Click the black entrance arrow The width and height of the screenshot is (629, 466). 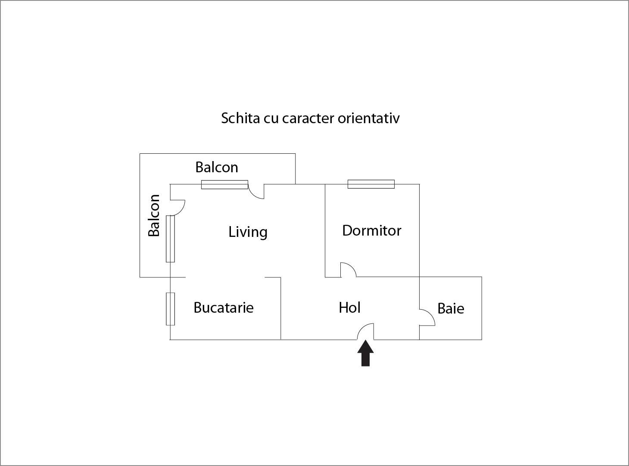(x=365, y=354)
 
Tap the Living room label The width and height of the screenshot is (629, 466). (x=248, y=232)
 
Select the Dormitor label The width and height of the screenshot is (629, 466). (x=371, y=230)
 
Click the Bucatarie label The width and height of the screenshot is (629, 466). (x=223, y=308)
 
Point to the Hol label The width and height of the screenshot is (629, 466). (x=349, y=308)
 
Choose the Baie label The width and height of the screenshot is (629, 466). (x=451, y=308)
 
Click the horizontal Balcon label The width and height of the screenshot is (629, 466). (x=216, y=167)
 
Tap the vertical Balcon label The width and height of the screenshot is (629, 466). (x=154, y=215)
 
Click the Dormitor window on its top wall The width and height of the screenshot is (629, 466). (x=371, y=184)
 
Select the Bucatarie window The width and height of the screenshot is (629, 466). (x=171, y=309)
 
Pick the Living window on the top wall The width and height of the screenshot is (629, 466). (x=224, y=185)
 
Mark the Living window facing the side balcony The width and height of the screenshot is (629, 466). (x=171, y=239)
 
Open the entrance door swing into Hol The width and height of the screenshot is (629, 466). (x=367, y=331)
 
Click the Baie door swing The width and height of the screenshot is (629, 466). (x=427, y=318)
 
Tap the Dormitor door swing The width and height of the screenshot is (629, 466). (x=348, y=270)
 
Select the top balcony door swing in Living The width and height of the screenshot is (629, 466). (x=257, y=192)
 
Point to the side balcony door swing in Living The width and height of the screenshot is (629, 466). (x=178, y=207)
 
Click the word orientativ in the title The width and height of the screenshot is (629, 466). (x=368, y=118)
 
